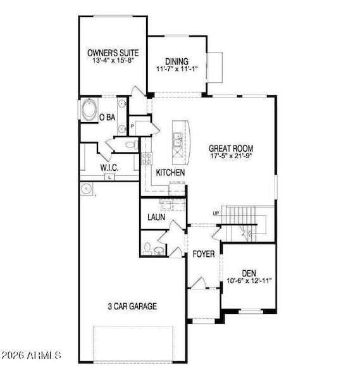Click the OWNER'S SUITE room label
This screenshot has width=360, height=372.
113,54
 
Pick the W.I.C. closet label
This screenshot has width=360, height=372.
109,168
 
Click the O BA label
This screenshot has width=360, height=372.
108,117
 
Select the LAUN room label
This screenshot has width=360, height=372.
156,217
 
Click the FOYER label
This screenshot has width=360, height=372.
204,254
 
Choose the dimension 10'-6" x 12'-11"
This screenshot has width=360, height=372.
249,281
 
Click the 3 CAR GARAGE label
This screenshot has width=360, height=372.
132,306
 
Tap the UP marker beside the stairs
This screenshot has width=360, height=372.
216,213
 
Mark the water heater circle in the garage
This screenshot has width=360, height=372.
85,188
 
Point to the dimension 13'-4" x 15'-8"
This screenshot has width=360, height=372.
113,62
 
